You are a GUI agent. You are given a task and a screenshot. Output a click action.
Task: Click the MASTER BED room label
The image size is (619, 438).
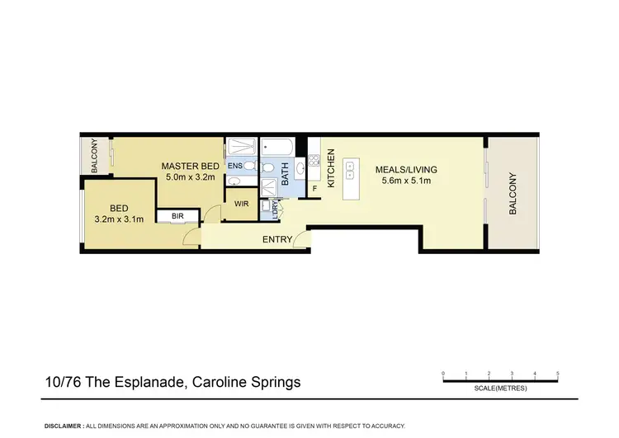[x=190, y=166]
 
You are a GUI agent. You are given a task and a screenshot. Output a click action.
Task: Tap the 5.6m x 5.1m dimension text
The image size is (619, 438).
[x=406, y=181]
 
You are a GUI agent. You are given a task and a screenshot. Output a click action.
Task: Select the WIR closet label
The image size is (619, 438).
[x=242, y=203]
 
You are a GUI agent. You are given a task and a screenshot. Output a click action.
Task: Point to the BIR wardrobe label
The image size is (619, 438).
[x=177, y=217]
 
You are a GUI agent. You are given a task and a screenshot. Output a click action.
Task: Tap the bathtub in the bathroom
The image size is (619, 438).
[x=276, y=149]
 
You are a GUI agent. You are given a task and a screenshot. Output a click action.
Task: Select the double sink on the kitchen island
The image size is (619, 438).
[x=350, y=171]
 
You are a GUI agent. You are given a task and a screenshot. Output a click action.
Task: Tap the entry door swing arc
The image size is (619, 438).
[x=305, y=240]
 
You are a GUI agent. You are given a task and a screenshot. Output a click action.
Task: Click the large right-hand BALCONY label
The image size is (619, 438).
[x=513, y=194]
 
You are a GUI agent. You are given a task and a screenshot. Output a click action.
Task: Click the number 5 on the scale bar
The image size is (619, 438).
[x=559, y=374]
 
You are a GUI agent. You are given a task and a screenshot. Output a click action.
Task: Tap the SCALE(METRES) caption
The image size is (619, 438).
[x=500, y=389]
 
